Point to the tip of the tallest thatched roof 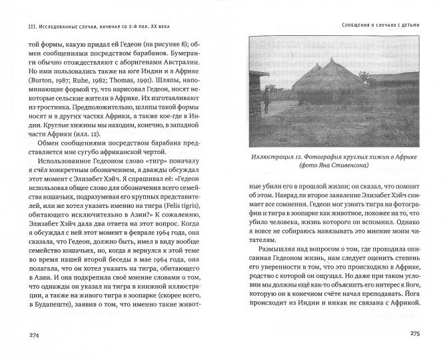click(x=331, y=60)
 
